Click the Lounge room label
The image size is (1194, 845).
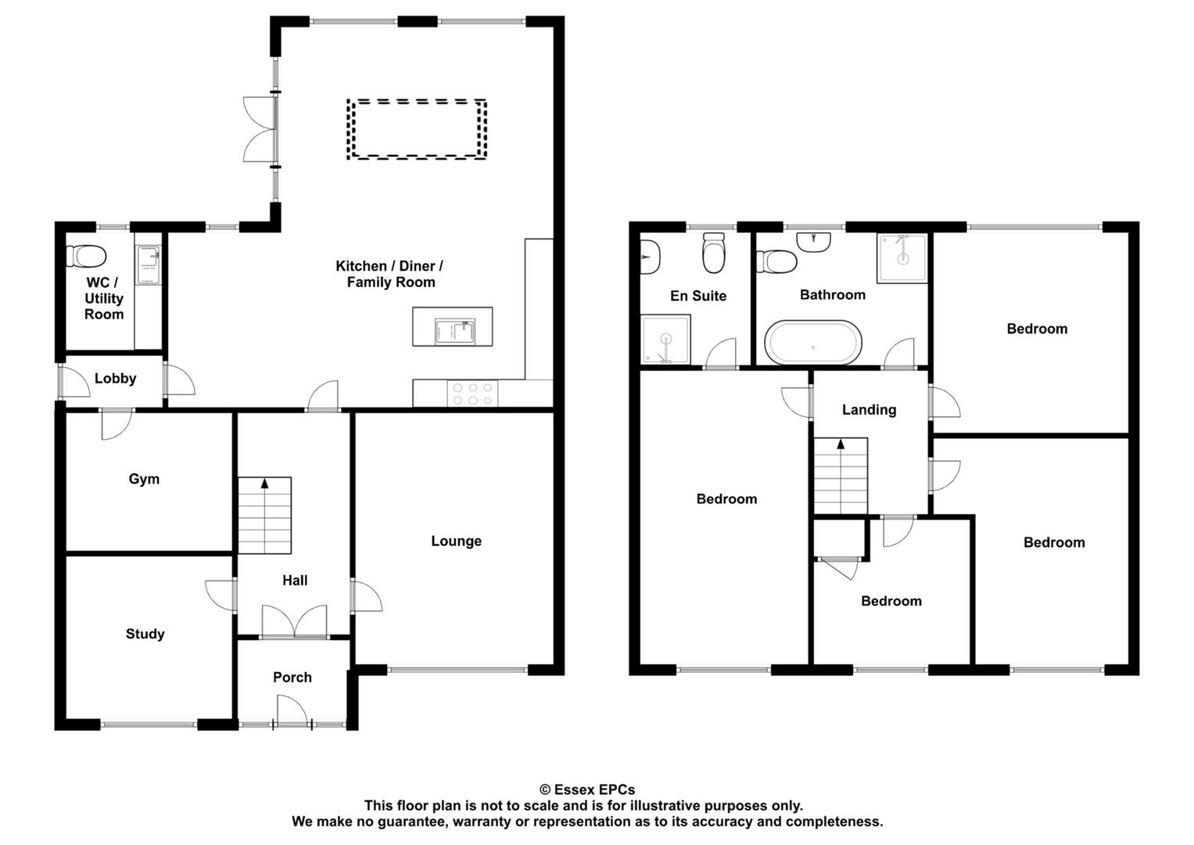pos(457,541)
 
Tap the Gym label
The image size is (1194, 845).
pos(144,479)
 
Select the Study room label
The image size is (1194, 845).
pos(145,634)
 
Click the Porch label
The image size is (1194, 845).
pos(292,677)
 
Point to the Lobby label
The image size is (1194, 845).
pos(115,378)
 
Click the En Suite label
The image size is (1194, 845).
pos(698,296)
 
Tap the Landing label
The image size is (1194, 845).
pos(869,410)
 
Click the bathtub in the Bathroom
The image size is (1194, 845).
pos(813,343)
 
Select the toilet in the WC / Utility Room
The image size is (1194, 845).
pos(86,256)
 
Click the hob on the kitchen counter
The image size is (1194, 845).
pos(473,394)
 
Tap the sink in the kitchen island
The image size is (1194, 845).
pos(454,332)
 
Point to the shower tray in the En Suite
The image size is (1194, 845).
pos(665,340)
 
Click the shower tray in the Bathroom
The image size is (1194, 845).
pos(902,257)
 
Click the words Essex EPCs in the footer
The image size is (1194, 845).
pos(594,789)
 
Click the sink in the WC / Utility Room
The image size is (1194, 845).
pos(149,265)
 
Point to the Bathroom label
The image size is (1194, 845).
pos(833,294)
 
